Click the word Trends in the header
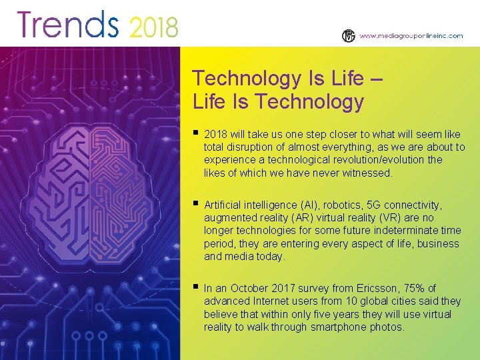[x=68, y=25]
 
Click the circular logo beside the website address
[x=349, y=36]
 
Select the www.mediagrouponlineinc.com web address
[x=411, y=36]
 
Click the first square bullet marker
[x=195, y=133]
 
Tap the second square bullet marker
[x=195, y=203]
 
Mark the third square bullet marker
[x=195, y=287]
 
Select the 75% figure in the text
[x=413, y=288]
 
